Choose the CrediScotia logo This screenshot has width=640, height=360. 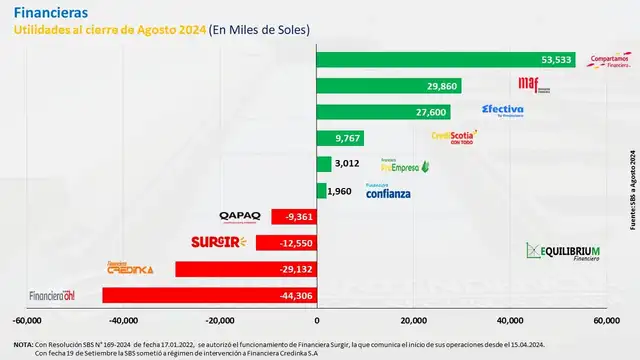pos(452,137)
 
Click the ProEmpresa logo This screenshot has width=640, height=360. pos(404,165)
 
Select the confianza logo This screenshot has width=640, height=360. pos(387,191)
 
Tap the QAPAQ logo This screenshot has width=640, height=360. pos(240,215)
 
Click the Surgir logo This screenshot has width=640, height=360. pos(217,241)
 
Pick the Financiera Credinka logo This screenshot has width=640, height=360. pos(130,268)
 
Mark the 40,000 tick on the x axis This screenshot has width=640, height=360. pos(509,320)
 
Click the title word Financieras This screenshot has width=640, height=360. pos(50,12)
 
